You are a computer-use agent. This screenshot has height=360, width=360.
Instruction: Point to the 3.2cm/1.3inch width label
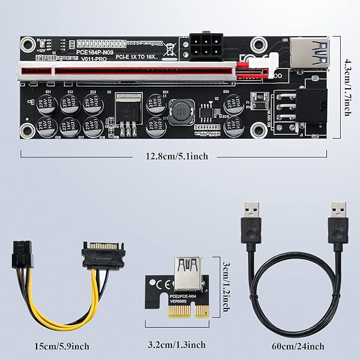[x=177, y=345]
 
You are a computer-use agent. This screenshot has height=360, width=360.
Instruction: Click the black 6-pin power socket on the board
[x=206, y=46]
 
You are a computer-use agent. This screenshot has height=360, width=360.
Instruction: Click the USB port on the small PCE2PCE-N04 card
[x=187, y=274]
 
